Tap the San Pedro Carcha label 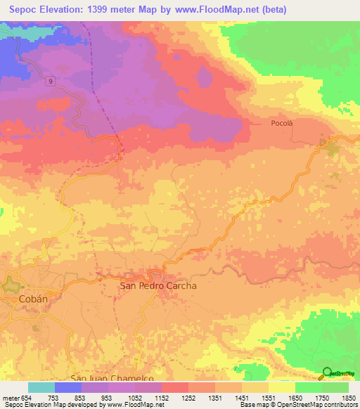[158, 286]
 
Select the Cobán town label [33, 299]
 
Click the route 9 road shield [51, 82]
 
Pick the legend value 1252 [188, 397]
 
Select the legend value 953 [108, 397]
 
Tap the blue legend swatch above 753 [68, 387]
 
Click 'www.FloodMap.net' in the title [215, 10]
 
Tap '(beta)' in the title [276, 10]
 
